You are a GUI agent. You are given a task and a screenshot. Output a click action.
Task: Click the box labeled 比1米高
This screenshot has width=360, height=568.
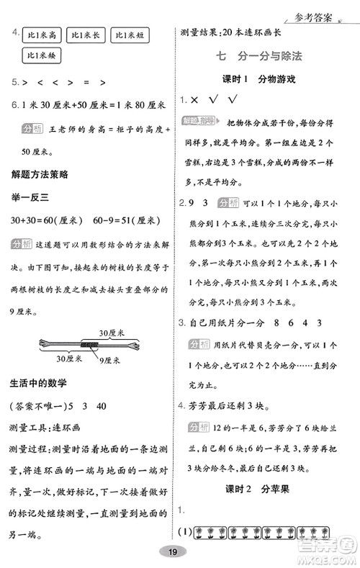pyautogui.click(x=42, y=35)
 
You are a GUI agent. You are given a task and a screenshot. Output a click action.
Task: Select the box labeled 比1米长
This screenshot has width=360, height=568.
pyautogui.click(x=86, y=35)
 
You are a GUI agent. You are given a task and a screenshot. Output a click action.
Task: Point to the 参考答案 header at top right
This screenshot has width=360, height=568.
pyautogui.click(x=323, y=9)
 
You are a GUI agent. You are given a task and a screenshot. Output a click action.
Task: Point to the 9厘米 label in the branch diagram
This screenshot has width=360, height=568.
pyautogui.click(x=110, y=358)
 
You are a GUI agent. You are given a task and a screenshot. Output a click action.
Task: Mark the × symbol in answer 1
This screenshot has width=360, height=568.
pyautogui.click(x=194, y=99)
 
